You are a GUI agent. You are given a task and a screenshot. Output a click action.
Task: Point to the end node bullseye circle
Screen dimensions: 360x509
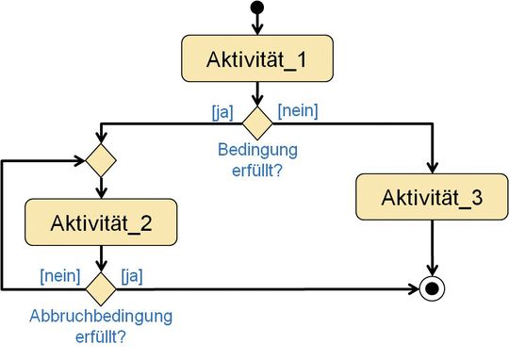coord(431,286)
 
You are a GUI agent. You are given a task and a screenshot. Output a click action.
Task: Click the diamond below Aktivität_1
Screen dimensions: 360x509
coord(255,122)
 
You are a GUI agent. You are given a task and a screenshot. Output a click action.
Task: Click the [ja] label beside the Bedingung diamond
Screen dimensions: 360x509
coord(224,112)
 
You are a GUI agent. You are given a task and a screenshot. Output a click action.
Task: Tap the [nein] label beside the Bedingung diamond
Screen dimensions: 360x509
coord(296,110)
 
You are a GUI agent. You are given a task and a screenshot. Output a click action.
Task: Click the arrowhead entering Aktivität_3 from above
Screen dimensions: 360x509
coord(431,170)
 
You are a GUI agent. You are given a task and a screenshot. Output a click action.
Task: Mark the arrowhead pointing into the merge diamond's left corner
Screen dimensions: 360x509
coord(79,159)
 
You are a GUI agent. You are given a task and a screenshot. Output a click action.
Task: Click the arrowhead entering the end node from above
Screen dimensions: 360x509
coord(431,271)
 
